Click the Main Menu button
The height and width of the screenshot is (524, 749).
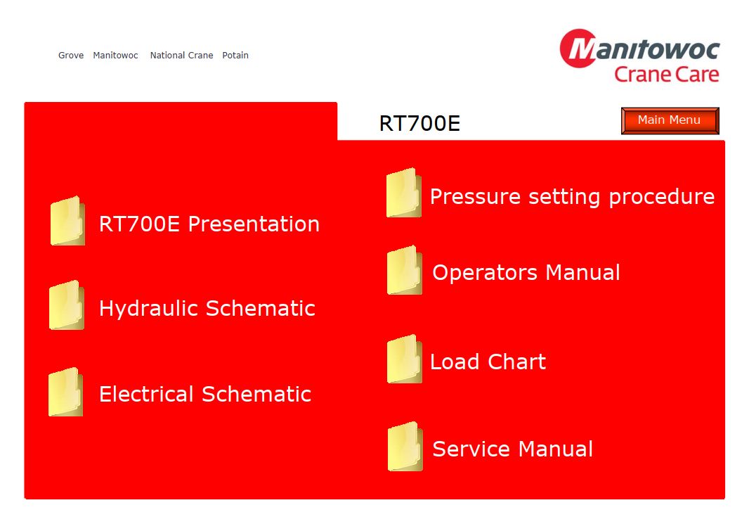pos(670,120)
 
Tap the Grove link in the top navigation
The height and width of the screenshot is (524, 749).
pos(71,56)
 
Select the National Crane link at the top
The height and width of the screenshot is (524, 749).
pos(181,56)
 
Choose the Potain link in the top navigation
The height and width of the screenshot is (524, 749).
pos(235,56)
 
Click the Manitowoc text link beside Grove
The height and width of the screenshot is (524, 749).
pos(116,56)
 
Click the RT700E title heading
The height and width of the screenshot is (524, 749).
pos(419,123)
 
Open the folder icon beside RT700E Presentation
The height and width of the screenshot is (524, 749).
pos(68,221)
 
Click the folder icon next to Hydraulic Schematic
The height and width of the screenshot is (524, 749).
pos(67,305)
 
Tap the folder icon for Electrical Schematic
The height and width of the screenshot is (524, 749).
pos(66,392)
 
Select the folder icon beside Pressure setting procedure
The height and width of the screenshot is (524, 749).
pos(404,193)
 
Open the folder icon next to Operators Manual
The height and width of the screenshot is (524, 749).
pos(405,270)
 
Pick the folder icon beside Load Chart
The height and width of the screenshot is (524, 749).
pos(405,359)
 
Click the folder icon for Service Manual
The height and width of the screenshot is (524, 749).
pos(405,447)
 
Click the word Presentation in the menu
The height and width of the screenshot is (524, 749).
pos(254,224)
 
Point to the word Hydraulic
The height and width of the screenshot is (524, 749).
pos(148,309)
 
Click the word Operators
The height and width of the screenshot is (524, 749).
pos(485,273)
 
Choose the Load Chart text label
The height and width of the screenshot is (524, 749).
pos(488,362)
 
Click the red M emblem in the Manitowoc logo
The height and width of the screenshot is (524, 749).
pos(579,49)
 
